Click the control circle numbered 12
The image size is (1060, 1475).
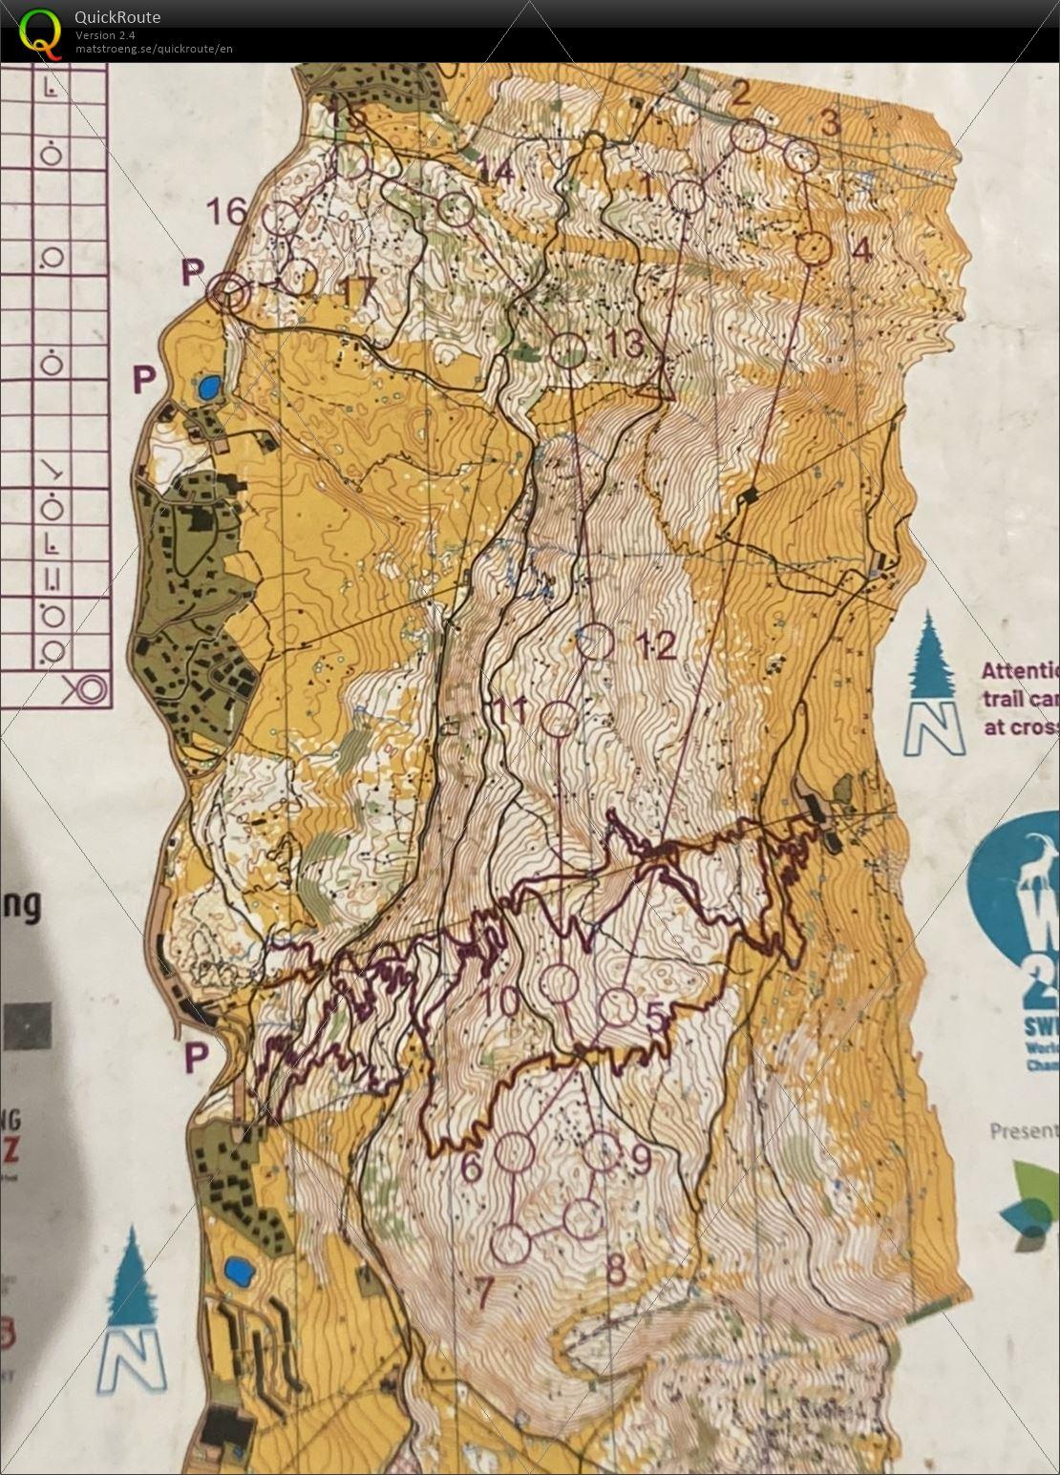596,642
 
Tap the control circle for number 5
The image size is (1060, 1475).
619,1006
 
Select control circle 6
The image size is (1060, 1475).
517,1151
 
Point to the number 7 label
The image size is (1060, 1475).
484,1294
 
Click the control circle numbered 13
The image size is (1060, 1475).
569,350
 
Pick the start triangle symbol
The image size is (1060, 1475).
655,388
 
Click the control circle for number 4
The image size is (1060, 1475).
815,248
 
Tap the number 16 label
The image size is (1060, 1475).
227,211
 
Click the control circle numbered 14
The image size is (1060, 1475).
456,209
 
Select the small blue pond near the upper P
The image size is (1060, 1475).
208,388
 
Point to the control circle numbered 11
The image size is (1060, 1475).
559,718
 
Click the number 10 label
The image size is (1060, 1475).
502,1001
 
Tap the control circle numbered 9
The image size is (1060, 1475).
602,1150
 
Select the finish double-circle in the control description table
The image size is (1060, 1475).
87,686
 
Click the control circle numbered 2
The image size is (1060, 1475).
750,137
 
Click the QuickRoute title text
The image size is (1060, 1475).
117,16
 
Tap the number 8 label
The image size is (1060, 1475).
617,1270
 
